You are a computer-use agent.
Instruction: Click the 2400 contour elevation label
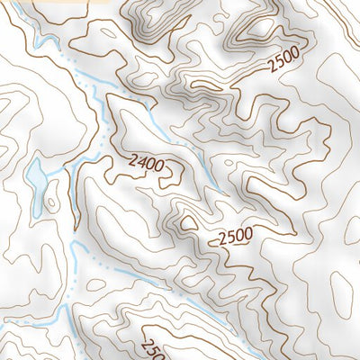[148, 163]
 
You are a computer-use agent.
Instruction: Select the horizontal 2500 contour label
[235, 238]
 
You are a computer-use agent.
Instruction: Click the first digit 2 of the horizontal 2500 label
[221, 239]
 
